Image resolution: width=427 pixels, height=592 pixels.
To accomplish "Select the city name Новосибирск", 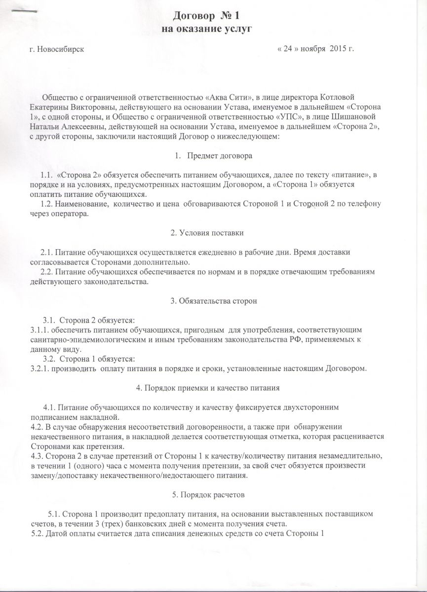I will click(x=59, y=50).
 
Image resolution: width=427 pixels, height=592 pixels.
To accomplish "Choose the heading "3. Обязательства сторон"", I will click(x=213, y=302).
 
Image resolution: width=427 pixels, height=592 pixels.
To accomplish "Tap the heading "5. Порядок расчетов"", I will click(x=213, y=494).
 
